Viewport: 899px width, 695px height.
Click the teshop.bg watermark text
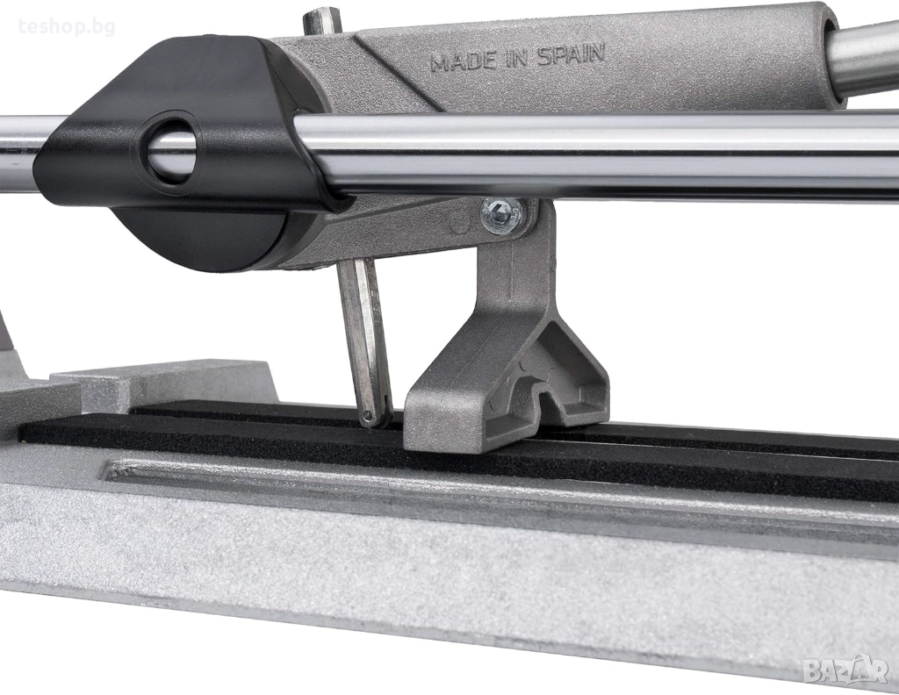click(67, 26)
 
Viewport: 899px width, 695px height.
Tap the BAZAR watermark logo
click(845, 670)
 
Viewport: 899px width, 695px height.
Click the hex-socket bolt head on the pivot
click(501, 216)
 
